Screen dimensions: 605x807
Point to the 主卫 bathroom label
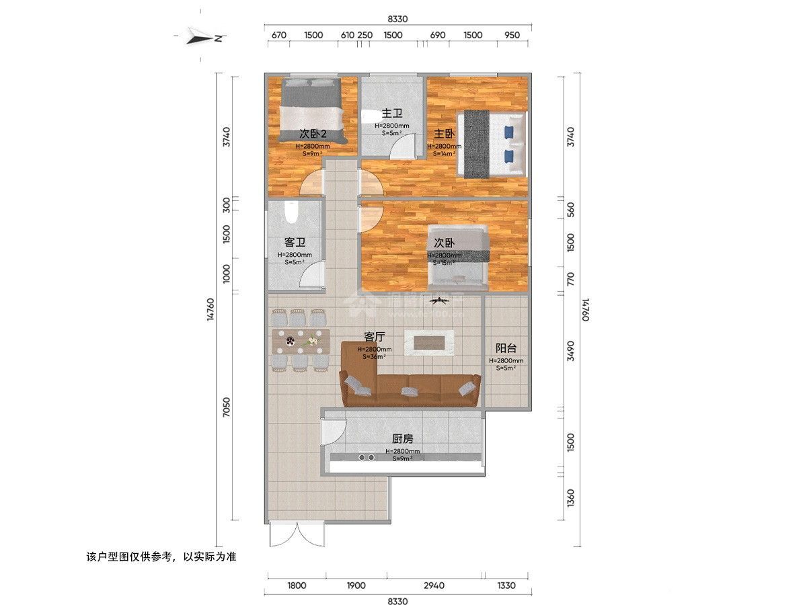pos(391,113)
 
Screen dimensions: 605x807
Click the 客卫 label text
pos(295,242)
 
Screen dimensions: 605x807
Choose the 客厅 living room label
pos(374,336)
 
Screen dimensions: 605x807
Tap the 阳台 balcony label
pos(506,348)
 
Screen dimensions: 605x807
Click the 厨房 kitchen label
pos(402,438)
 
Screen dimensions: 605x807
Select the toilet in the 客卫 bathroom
pos(291,213)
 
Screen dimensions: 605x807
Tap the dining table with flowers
pos(301,341)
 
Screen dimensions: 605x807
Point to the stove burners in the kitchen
pos(367,457)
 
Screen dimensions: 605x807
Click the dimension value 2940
pos(435,586)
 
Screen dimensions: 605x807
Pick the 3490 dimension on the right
pos(570,351)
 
